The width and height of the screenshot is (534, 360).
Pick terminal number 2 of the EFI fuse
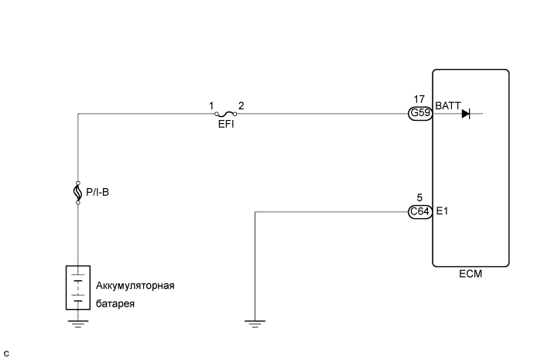[x=240, y=105]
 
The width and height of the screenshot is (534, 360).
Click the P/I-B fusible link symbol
[x=78, y=192]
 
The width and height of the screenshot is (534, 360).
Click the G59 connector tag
[x=420, y=114]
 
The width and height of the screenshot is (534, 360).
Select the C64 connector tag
[x=420, y=211]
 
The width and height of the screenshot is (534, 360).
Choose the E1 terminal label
[x=442, y=210]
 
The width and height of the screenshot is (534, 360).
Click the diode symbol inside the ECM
[x=466, y=114]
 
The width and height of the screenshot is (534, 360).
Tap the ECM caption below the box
[x=470, y=273]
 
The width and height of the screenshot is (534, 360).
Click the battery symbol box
[x=77, y=288]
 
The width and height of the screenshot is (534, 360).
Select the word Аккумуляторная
[x=135, y=285]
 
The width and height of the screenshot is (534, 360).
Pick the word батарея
[x=115, y=303]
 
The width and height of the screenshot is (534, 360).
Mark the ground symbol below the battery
[x=77, y=324]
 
